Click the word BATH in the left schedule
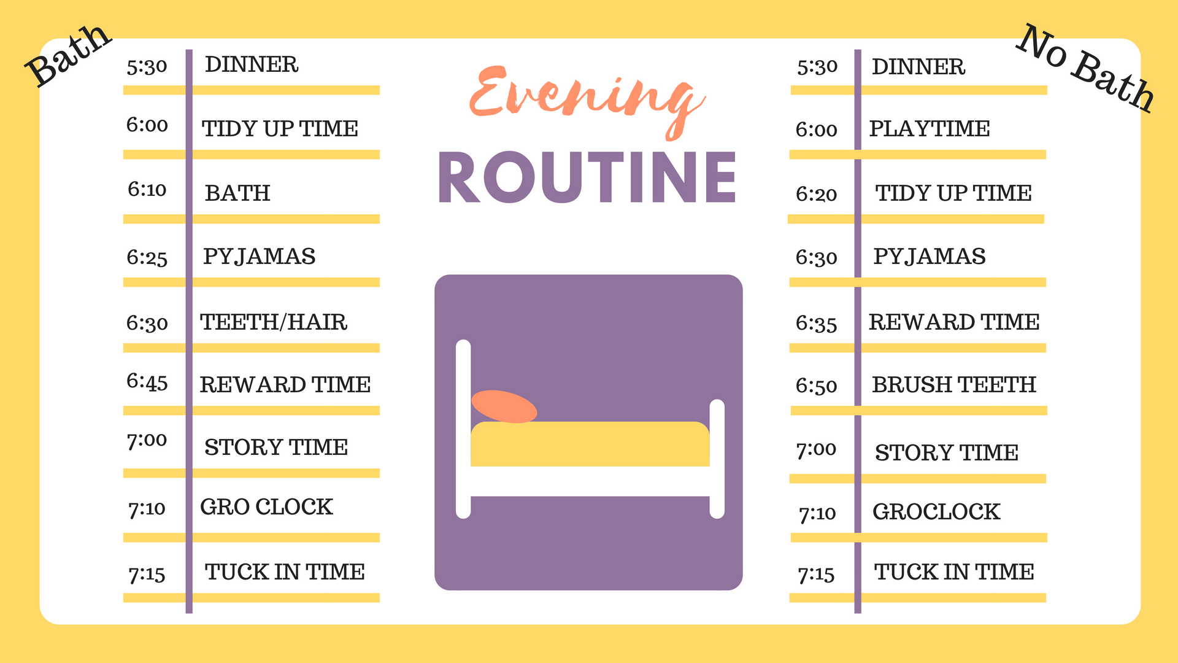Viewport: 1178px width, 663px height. [x=237, y=193]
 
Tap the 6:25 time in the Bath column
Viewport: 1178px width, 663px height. [x=147, y=257]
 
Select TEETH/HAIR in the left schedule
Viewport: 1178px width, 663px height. [x=274, y=322]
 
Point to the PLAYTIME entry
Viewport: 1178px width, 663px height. [x=930, y=128]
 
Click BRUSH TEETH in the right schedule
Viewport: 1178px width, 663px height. [x=954, y=384]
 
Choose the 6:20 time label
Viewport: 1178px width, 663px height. [x=816, y=194]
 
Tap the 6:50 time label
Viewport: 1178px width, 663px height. [x=816, y=386]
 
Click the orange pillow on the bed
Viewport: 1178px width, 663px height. [x=504, y=406]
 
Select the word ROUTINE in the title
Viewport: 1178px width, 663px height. [x=587, y=177]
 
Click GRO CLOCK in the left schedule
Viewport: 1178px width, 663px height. [x=266, y=506]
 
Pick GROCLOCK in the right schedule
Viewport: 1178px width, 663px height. [x=936, y=511]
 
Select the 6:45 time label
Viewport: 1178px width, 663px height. [x=147, y=382]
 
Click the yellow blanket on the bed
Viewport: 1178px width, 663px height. [x=590, y=444]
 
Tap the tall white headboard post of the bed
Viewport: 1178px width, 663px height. [x=463, y=429]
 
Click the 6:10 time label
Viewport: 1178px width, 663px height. [x=147, y=189]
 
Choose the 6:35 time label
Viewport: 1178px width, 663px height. [x=816, y=324]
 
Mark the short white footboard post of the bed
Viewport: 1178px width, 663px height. [x=717, y=459]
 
